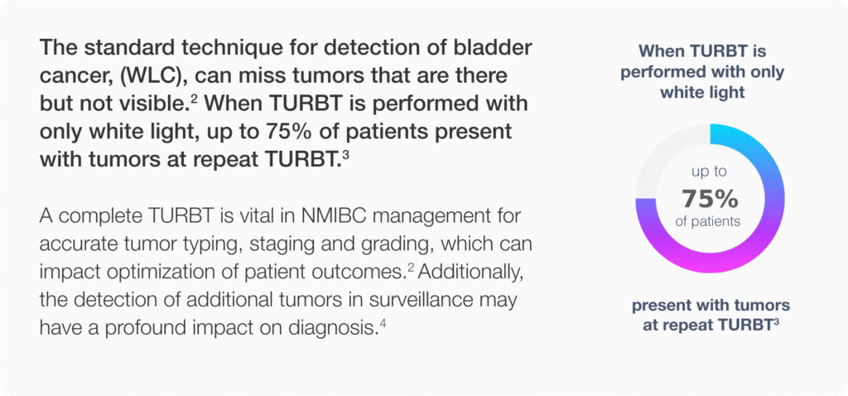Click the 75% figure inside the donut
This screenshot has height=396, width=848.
coord(709,199)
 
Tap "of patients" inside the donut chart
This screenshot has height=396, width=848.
coord(709,222)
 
